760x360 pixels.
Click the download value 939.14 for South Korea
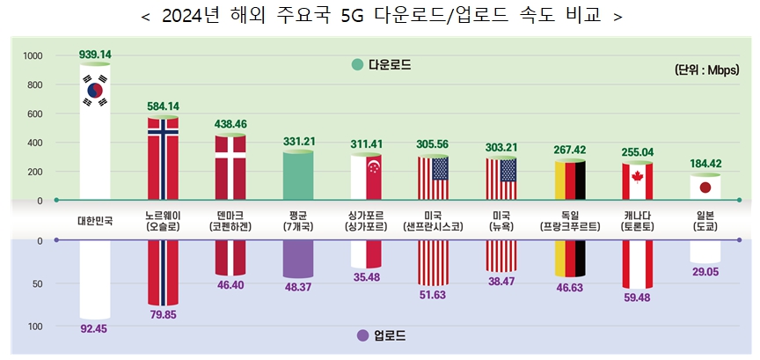click(x=95, y=54)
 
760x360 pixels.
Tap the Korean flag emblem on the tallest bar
click(x=94, y=90)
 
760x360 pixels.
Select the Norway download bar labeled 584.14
click(x=163, y=158)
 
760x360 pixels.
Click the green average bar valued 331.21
click(x=298, y=176)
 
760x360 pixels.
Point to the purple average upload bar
click(x=298, y=259)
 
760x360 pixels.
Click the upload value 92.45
click(x=95, y=330)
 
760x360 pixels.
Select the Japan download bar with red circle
click(x=705, y=187)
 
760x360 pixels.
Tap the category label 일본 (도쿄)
click(x=705, y=221)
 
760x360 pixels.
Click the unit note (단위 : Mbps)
click(x=710, y=70)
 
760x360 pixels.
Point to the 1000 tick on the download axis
click(x=33, y=56)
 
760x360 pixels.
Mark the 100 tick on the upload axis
click(x=35, y=327)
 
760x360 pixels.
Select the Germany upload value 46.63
click(x=569, y=288)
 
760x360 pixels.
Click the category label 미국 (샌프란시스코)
click(x=434, y=221)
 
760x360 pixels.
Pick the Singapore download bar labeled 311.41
click(x=366, y=178)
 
